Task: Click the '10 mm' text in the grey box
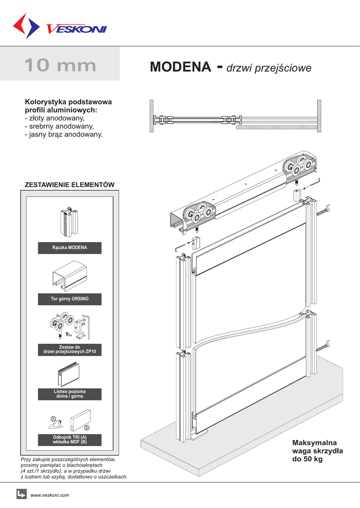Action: click(60, 65)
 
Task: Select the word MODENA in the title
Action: click(180, 67)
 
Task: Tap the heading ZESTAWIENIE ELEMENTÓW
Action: click(70, 185)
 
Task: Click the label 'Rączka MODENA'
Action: click(70, 248)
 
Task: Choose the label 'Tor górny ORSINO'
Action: click(70, 299)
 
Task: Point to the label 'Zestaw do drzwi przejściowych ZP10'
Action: click(70, 349)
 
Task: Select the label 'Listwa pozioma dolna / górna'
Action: click(70, 394)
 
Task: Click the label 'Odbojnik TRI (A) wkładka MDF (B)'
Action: click(70, 440)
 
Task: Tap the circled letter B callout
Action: click(86, 428)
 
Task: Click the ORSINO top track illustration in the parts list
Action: click(69, 278)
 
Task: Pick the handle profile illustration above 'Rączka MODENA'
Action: click(69, 223)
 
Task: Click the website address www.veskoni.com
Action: click(50, 495)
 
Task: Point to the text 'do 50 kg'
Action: click(307, 460)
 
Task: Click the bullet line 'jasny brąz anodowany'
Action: click(64, 134)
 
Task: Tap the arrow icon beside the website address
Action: click(21, 494)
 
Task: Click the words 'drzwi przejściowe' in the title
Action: click(269, 68)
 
